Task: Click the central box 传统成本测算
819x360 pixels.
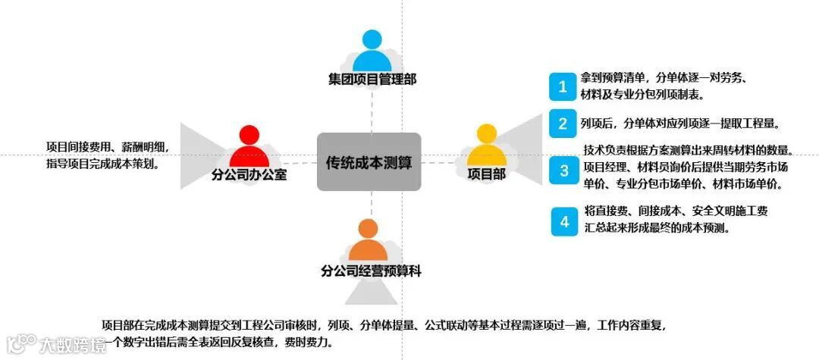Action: (369, 162)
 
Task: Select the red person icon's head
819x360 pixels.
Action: (249, 135)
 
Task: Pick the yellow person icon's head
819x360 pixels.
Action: (485, 134)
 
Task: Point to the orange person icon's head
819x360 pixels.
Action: (368, 228)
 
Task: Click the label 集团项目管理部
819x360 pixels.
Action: (372, 78)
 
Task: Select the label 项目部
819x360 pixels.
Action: (486, 174)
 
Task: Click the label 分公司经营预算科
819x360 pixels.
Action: (371, 270)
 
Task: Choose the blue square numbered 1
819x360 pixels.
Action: (563, 86)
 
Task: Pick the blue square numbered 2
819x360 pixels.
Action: (563, 124)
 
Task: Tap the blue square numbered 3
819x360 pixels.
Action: (563, 171)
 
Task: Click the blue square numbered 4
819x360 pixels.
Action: (563, 221)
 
